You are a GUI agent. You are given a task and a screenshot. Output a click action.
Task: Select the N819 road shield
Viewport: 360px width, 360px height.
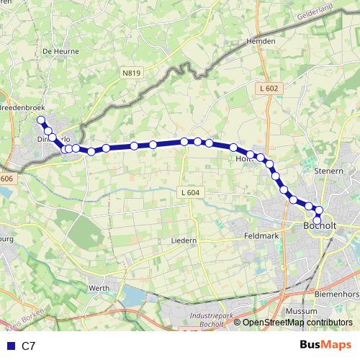coord(131,73)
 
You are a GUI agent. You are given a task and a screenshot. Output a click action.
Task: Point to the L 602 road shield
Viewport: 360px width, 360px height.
coord(267,88)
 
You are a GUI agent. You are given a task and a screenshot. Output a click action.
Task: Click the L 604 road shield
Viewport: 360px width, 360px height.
coord(189,192)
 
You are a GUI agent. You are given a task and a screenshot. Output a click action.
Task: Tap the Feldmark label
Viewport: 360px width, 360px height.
coord(261,235)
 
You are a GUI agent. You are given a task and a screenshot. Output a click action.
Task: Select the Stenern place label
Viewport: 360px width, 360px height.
coord(330,171)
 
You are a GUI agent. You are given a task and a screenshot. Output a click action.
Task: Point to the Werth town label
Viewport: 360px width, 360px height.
coord(99,288)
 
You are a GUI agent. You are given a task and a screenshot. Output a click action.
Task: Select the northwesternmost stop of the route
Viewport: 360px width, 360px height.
coord(41,120)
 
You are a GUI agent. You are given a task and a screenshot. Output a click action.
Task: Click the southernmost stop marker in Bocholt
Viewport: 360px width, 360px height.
coord(317,220)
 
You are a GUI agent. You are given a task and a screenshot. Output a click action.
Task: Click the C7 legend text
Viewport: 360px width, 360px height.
coord(29,346)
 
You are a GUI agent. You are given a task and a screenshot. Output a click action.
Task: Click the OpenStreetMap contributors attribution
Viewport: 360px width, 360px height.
coord(297,323)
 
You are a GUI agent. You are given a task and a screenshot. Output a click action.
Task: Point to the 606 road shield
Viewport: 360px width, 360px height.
coord(7,179)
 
